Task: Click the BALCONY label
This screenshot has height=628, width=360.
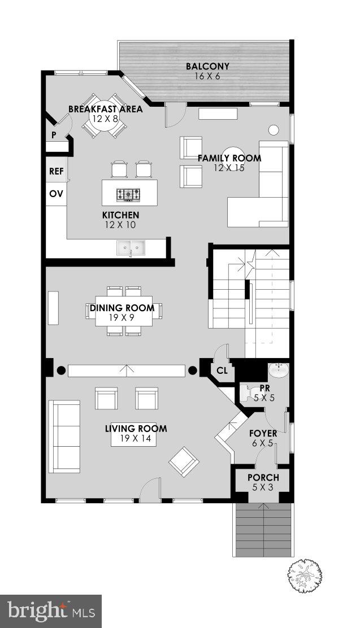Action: pos(207,67)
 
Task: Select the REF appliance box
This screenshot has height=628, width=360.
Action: pos(57,172)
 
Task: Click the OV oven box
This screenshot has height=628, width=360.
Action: pos(56,194)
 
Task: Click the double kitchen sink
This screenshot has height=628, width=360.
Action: pos(131,247)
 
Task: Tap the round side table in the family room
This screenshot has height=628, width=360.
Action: pos(274,130)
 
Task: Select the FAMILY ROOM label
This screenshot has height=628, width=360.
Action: pos(229,158)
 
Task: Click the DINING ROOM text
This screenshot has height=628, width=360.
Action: pos(122,308)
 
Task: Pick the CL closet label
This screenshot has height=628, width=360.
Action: pos(222,371)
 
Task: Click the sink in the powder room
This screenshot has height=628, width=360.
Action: pos(277,371)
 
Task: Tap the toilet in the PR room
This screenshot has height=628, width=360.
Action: pos(247,392)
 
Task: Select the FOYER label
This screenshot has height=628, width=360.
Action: pos(263,433)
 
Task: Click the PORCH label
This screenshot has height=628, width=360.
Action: pos(263,477)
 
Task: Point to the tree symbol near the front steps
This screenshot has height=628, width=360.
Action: pos(305,576)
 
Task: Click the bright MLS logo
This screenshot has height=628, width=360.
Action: pos(51,611)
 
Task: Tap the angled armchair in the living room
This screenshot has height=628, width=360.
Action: pos(184,462)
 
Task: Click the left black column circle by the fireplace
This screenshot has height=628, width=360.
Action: pos(60,371)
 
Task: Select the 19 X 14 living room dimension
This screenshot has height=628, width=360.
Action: pos(135,438)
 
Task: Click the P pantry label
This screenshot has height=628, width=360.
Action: pos(54,135)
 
